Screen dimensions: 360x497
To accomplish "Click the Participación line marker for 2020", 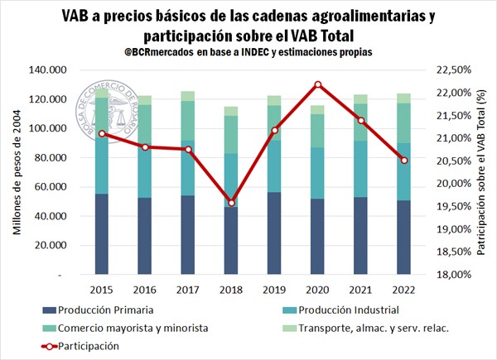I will coord(318,84).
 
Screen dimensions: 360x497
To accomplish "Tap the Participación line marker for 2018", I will coord(232,203).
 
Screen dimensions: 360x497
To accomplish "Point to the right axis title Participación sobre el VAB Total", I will coord(483,172).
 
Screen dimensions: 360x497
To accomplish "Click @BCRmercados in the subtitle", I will coord(177,52).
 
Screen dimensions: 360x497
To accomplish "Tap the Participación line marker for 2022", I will coord(403,160).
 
